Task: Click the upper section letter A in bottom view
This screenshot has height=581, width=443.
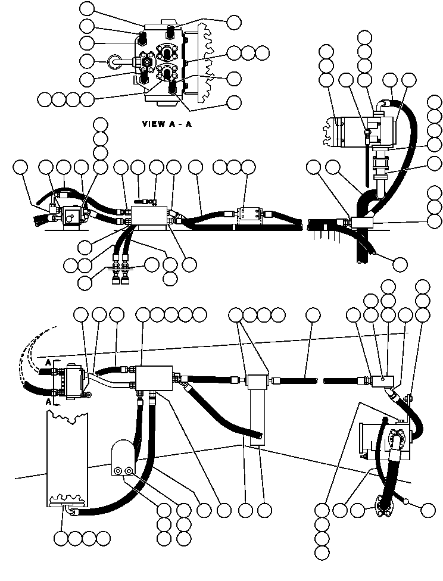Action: (48, 361)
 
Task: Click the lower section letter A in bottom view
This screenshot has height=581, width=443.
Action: (48, 401)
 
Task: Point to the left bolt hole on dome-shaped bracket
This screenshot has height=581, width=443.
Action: (117, 471)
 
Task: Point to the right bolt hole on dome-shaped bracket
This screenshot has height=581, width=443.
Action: (128, 471)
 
